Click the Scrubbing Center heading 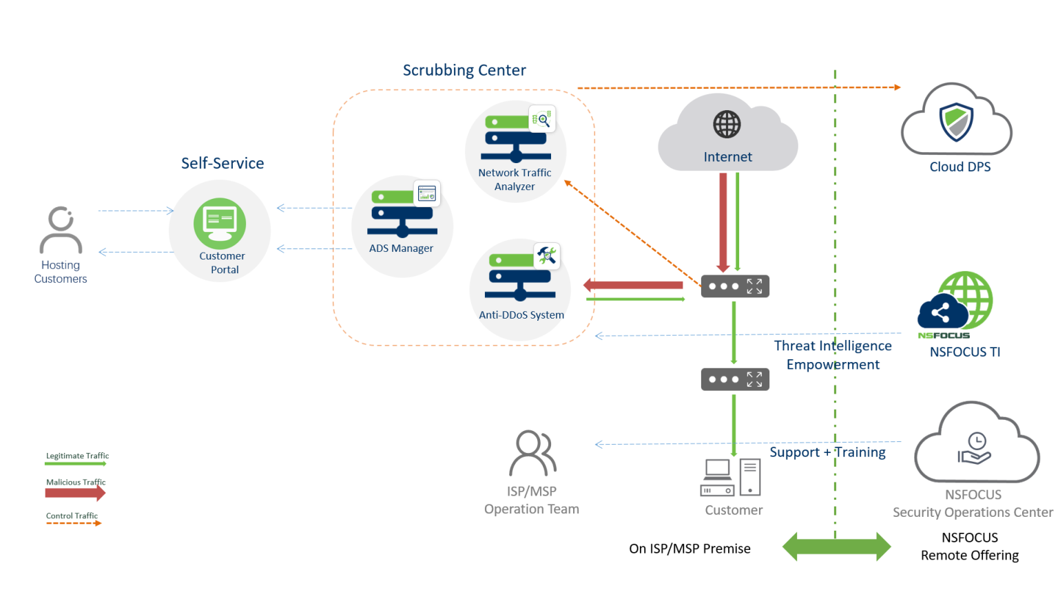click(x=464, y=70)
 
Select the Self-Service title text click(x=222, y=163)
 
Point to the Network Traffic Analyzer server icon click(x=516, y=137)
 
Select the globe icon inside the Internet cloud click(x=727, y=125)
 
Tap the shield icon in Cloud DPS click(x=957, y=122)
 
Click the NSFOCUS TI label click(x=964, y=352)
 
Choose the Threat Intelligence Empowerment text click(x=833, y=355)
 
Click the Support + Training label click(x=827, y=452)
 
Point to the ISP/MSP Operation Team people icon click(x=532, y=454)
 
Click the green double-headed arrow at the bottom click(x=836, y=547)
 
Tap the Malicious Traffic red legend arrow click(x=75, y=493)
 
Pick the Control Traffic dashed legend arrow click(x=73, y=523)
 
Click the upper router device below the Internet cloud click(x=735, y=286)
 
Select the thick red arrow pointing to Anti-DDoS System click(x=633, y=285)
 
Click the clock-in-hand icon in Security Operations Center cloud click(x=975, y=449)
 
